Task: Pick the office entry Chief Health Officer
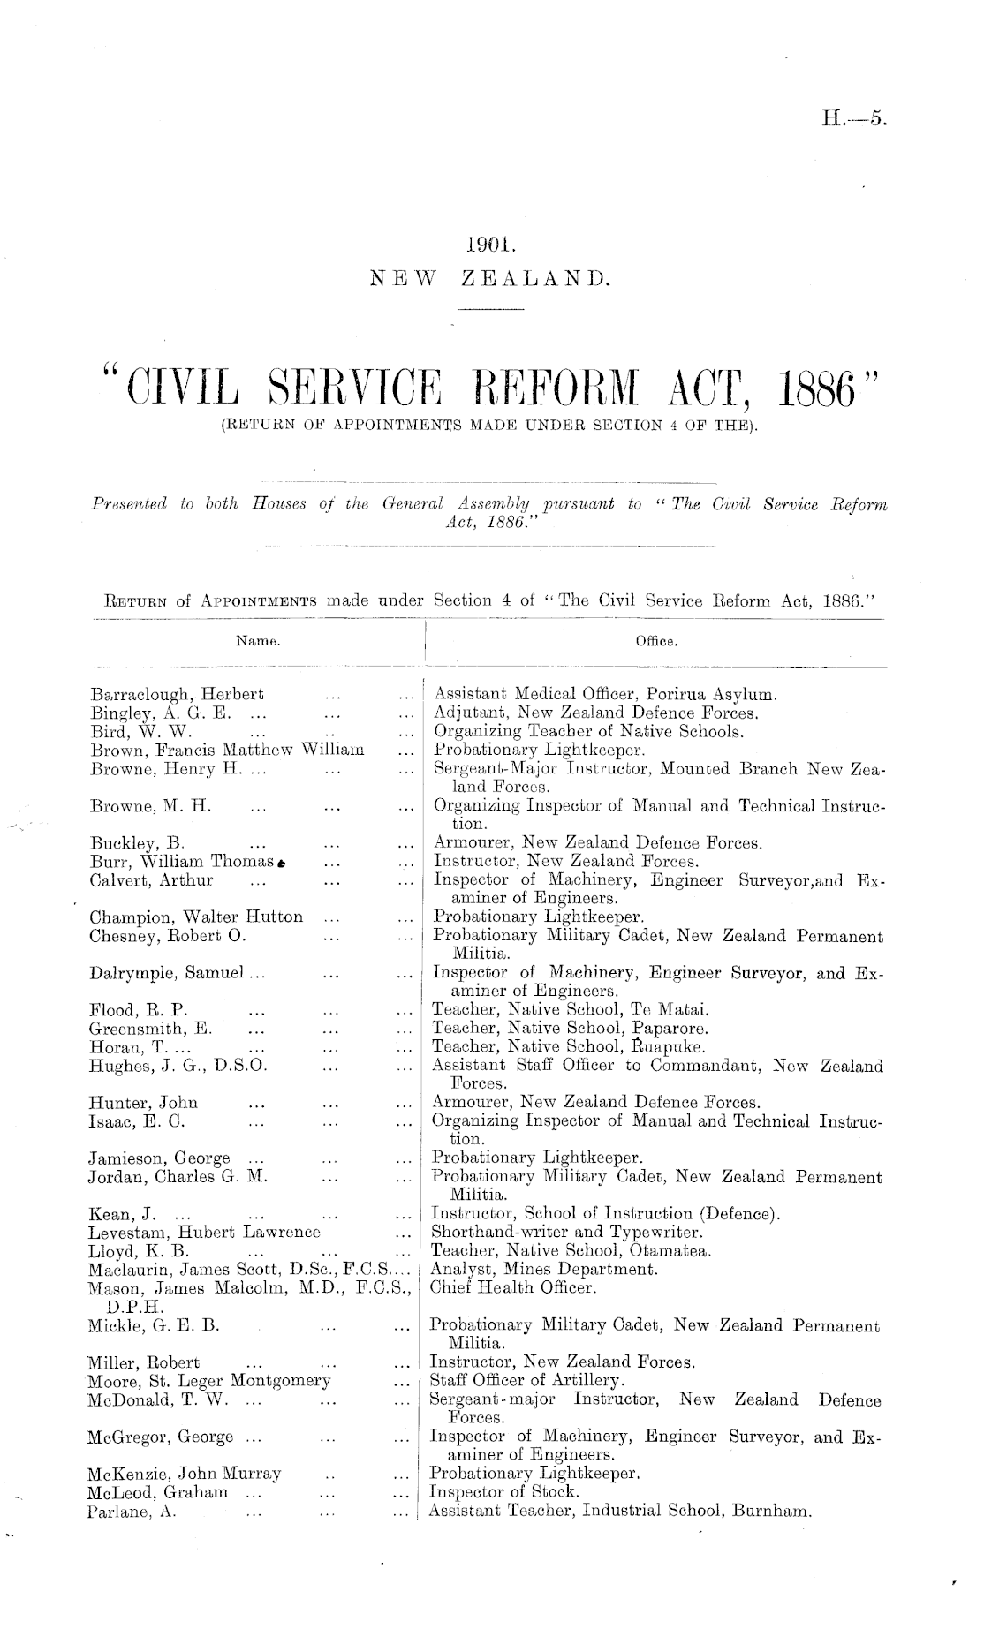pyautogui.click(x=513, y=1288)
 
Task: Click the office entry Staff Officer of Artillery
pyautogui.click(x=526, y=1379)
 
